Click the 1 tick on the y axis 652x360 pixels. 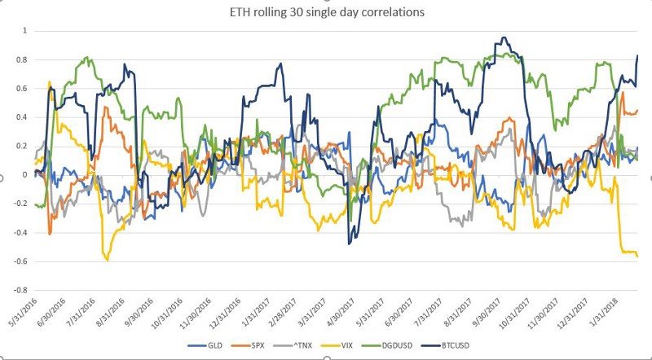click(x=24, y=31)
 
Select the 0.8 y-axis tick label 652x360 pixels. click(x=21, y=59)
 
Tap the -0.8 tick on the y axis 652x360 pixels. click(x=20, y=290)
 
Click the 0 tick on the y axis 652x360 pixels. click(x=24, y=175)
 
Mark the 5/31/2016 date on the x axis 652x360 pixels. click(x=21, y=313)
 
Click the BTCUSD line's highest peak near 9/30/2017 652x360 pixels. click(x=503, y=37)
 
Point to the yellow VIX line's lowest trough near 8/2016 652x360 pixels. click(x=107, y=260)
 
